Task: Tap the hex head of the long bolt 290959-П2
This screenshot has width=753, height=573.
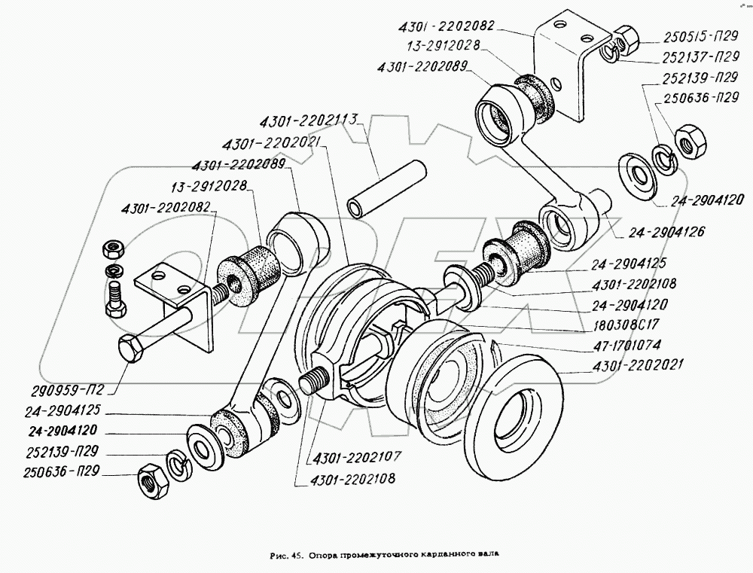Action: point(133,349)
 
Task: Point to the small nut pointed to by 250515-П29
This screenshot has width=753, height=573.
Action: point(625,35)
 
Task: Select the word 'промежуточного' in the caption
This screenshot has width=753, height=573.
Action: point(383,556)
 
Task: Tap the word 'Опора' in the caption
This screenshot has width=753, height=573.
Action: point(328,556)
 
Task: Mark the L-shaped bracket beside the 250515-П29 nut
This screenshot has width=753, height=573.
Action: point(565,68)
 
